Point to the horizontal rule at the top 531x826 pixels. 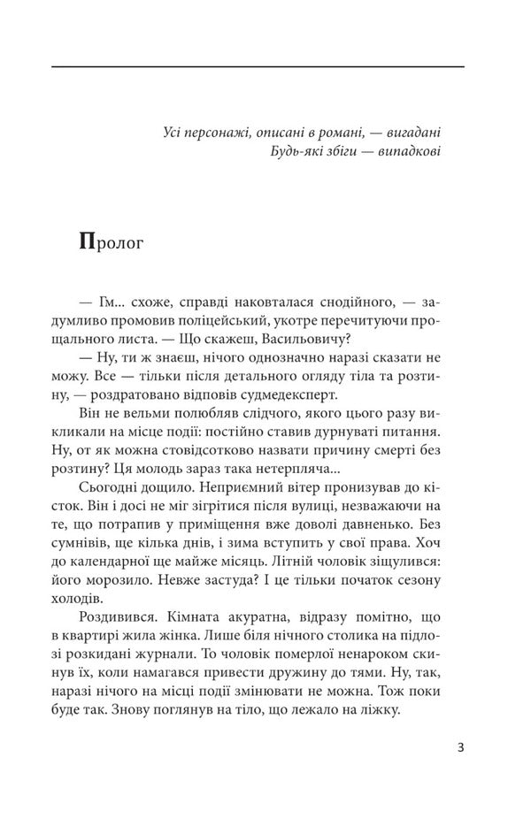click(x=258, y=66)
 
